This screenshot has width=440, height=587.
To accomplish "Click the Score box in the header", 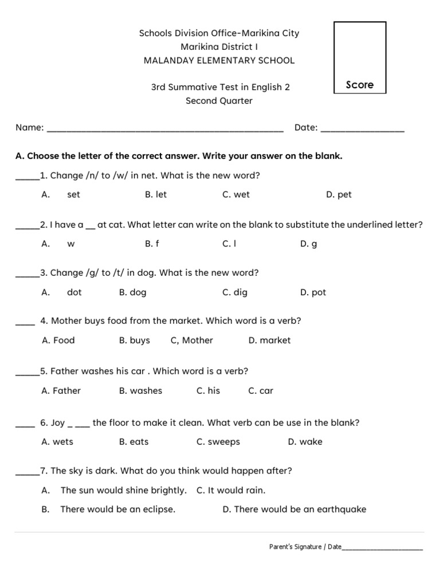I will coord(360,57).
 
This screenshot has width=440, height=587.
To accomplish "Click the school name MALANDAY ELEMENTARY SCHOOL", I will coord(219,60).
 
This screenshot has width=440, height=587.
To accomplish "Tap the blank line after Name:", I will coord(165,128).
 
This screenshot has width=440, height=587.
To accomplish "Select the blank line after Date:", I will coord(362,128).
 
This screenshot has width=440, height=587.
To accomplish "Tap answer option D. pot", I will coord(313,292).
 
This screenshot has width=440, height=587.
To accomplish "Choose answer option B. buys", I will coord(135,341).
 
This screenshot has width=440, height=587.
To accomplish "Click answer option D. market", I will coord(269,341).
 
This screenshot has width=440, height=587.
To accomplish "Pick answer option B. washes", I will coord(140,391).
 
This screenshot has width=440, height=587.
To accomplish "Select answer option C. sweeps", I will coord(218,442).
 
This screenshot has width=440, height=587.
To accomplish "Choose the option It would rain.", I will coord(231,491).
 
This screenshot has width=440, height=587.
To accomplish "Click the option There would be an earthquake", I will coord(294,510).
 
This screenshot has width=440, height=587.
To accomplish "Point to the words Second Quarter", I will coord(219,101).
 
